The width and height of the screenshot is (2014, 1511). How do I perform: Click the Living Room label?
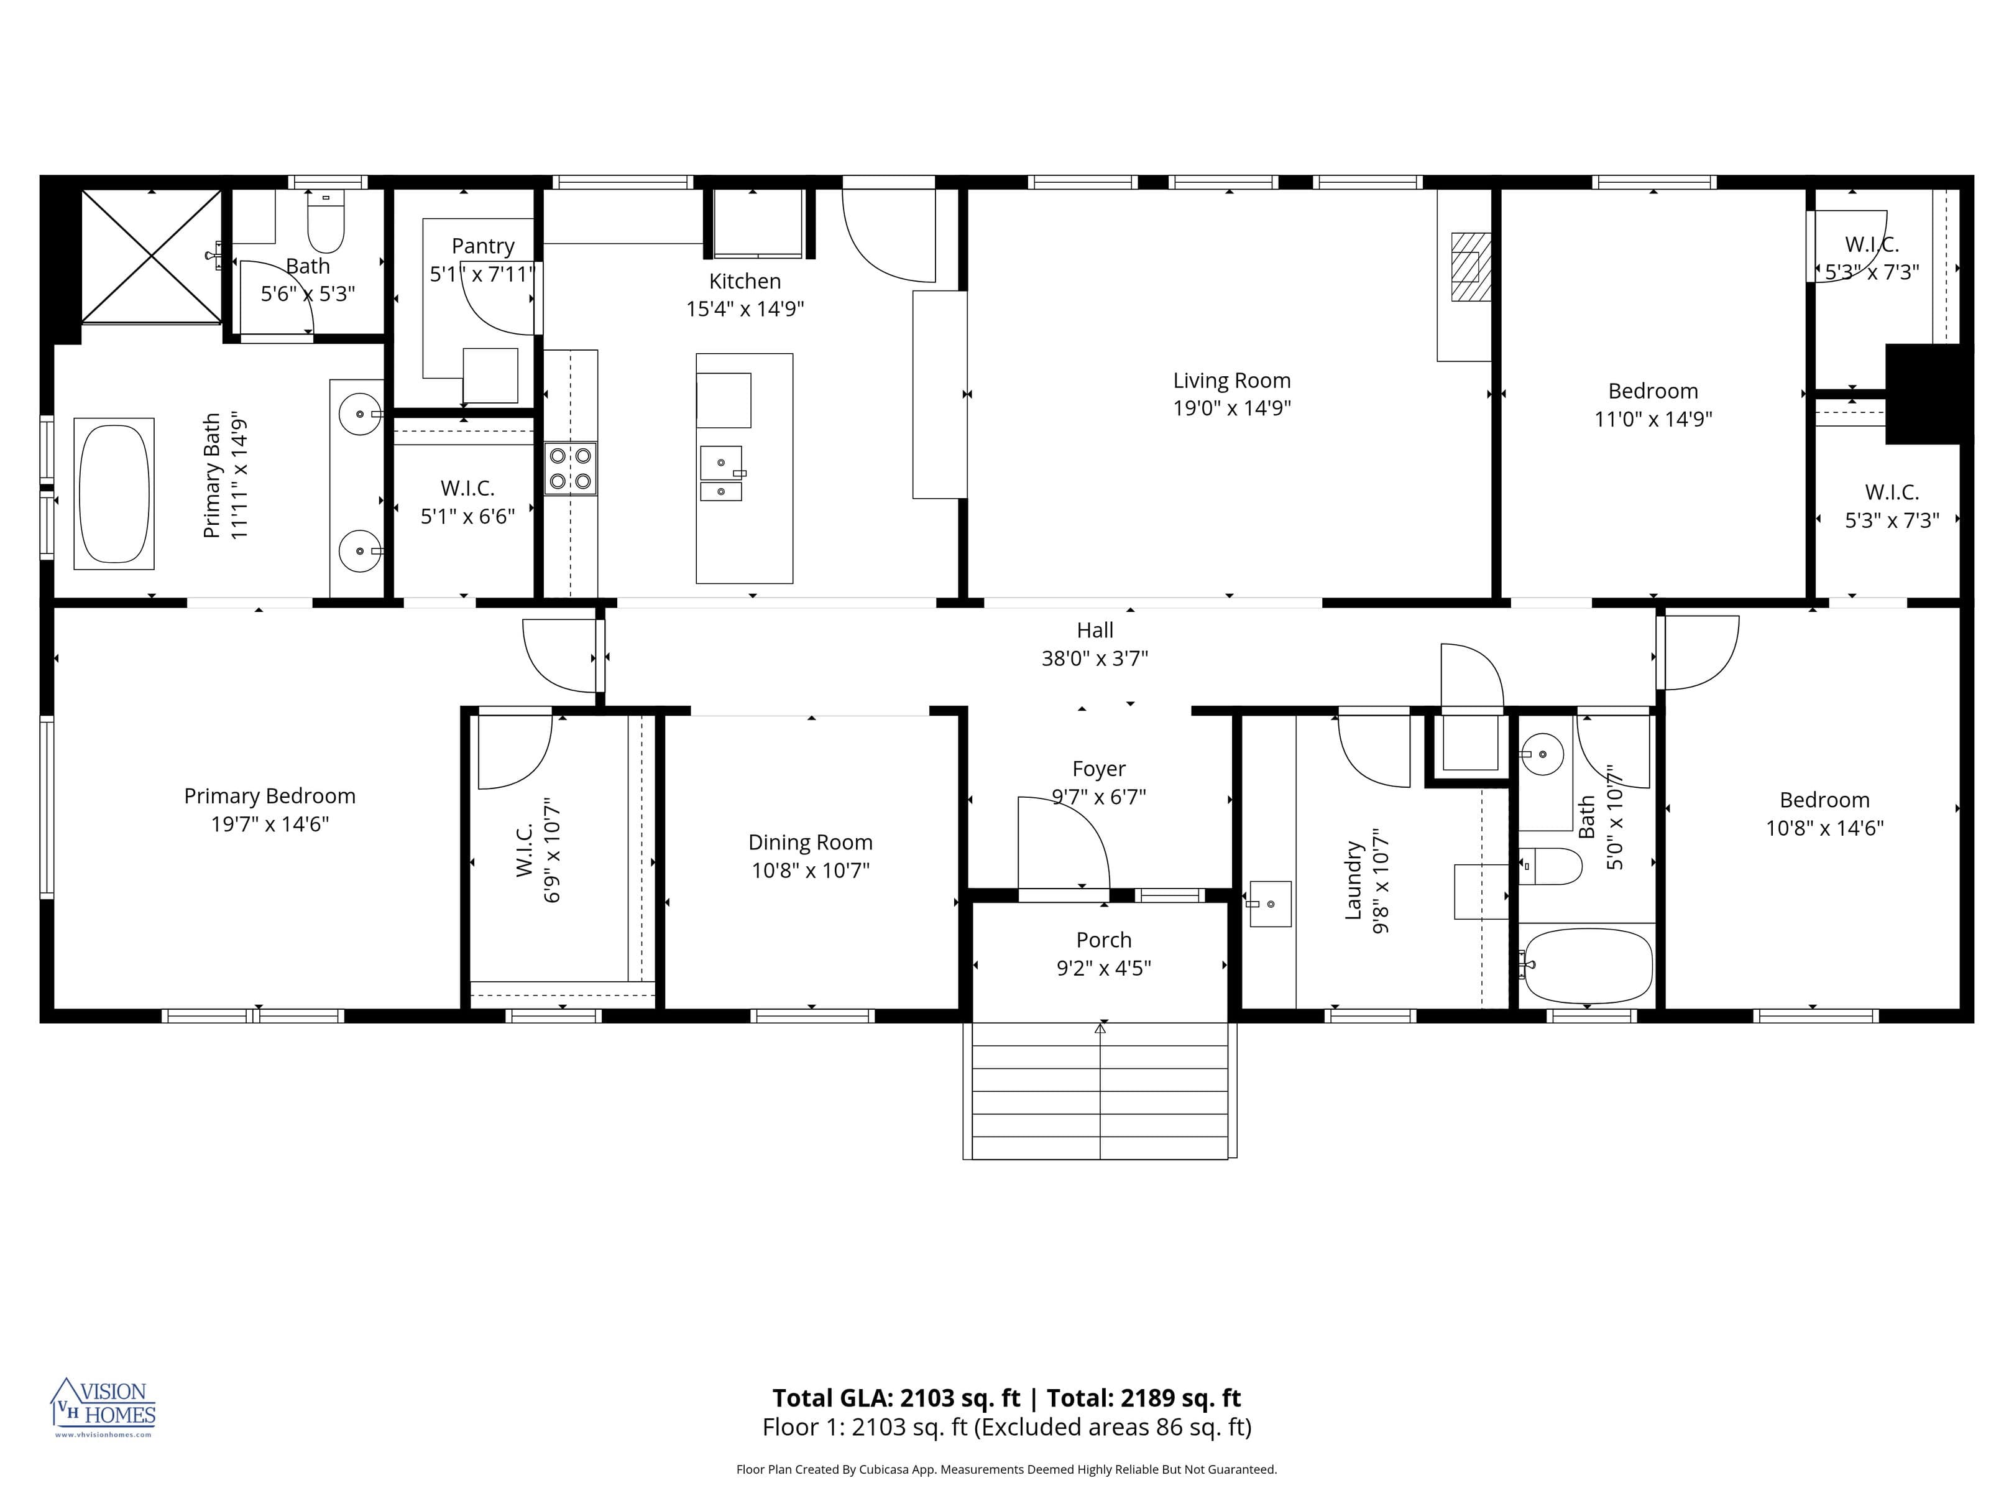click(x=1231, y=381)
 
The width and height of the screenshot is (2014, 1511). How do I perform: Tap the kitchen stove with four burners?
click(x=570, y=468)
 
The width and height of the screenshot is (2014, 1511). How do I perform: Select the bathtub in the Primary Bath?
click(x=114, y=494)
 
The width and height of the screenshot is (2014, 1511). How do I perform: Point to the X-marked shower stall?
click(x=151, y=256)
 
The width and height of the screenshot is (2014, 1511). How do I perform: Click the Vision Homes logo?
click(x=103, y=1407)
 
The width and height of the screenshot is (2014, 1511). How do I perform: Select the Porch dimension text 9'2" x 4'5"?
click(x=1103, y=968)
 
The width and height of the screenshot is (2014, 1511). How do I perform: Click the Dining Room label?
click(x=811, y=843)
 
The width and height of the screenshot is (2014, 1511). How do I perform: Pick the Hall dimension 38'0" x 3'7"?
click(x=1095, y=658)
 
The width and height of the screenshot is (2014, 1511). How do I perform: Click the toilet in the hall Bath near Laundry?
click(x=1552, y=866)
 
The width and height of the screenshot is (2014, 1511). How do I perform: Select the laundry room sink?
click(x=1270, y=903)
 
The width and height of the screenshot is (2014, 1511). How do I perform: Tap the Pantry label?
click(x=482, y=246)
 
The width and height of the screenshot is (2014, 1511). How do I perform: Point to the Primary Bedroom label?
click(x=270, y=796)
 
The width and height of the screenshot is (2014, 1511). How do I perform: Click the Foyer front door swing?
click(x=1060, y=843)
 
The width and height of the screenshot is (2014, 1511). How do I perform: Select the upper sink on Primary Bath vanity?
click(x=360, y=414)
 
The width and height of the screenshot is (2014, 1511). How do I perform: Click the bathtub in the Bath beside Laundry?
click(x=1588, y=966)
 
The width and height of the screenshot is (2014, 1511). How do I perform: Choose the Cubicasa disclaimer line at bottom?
click(x=1006, y=1469)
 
